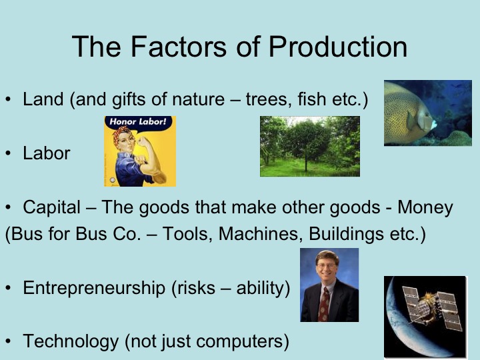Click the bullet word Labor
point(46,153)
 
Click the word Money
point(425,207)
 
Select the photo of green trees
point(309,146)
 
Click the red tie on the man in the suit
point(324,303)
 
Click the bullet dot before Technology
point(8,342)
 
